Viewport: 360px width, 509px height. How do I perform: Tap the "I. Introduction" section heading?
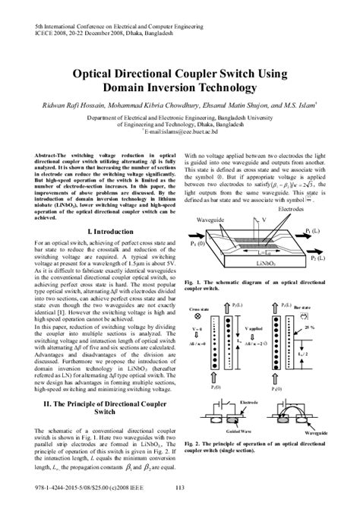click(89, 207)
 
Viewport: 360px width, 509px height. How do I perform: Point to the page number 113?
click(180, 488)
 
